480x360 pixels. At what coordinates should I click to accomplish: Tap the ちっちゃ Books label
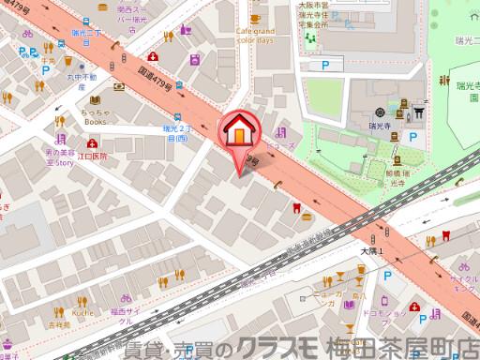96,116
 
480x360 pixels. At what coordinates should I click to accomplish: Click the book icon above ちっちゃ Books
95,100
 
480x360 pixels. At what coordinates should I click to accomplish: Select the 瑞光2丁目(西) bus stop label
175,132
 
